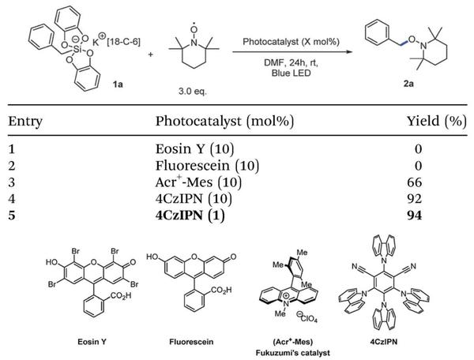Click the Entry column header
click(x=25, y=122)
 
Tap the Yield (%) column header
click(x=434, y=122)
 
